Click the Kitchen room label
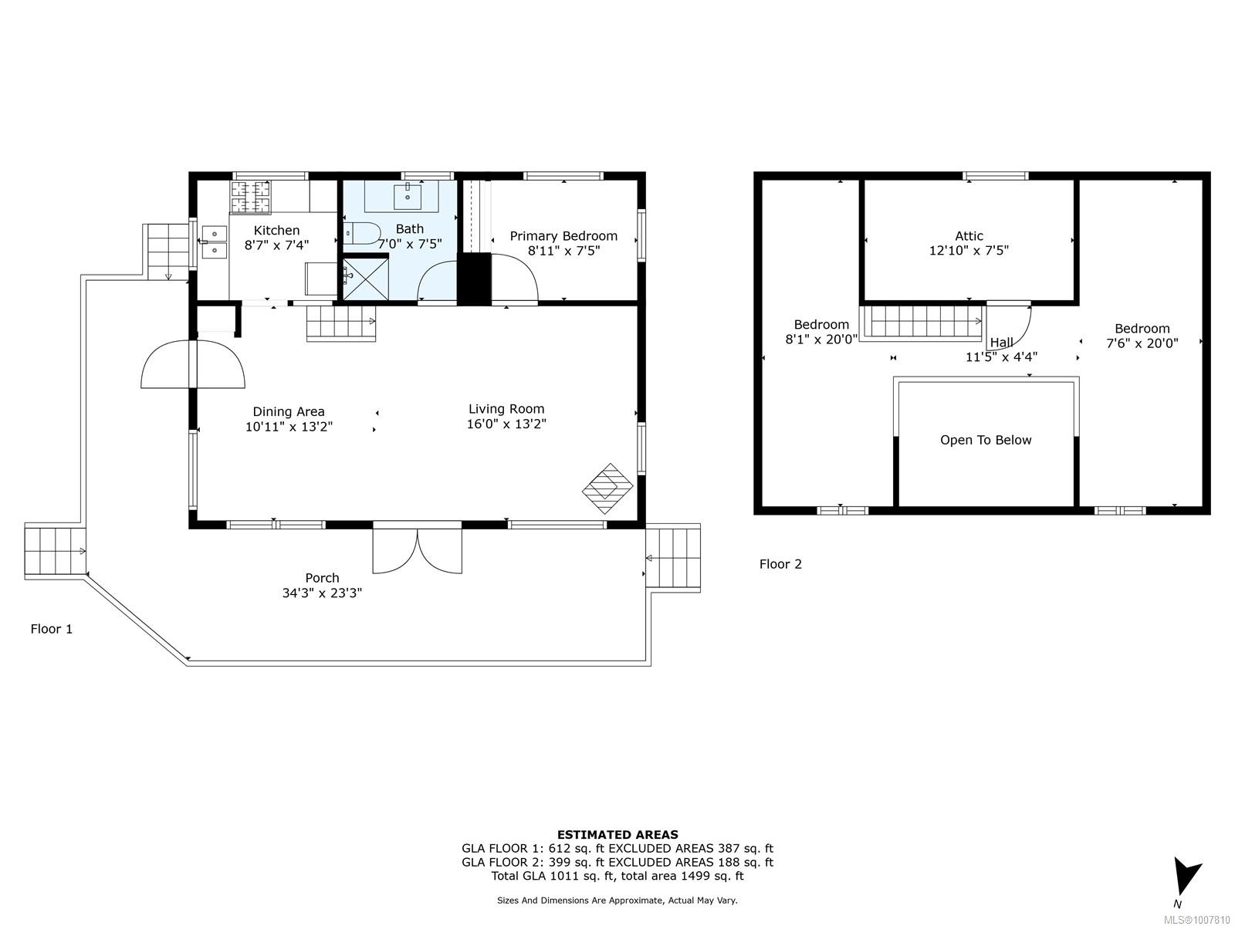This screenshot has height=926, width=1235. click(276, 231)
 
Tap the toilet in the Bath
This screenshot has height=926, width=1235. click(362, 233)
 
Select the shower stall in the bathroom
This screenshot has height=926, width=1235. click(365, 279)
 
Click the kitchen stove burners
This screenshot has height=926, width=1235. click(250, 198)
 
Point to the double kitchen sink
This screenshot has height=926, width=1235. click(214, 242)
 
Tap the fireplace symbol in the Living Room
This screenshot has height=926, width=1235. click(607, 488)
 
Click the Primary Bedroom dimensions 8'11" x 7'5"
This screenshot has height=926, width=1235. click(563, 251)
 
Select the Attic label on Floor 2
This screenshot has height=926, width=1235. click(969, 236)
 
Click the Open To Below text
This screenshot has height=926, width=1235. click(986, 440)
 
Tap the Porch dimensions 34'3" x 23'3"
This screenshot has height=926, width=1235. click(322, 593)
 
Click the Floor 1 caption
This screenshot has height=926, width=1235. click(51, 629)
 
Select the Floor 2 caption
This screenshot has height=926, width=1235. click(780, 564)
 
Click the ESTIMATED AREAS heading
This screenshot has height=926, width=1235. click(617, 835)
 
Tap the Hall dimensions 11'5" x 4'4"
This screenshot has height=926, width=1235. click(1001, 357)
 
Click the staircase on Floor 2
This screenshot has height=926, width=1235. click(922, 322)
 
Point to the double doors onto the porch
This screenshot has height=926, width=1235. click(417, 548)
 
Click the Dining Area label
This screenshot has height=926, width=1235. click(289, 412)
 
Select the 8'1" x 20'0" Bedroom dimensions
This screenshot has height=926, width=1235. click(821, 339)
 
